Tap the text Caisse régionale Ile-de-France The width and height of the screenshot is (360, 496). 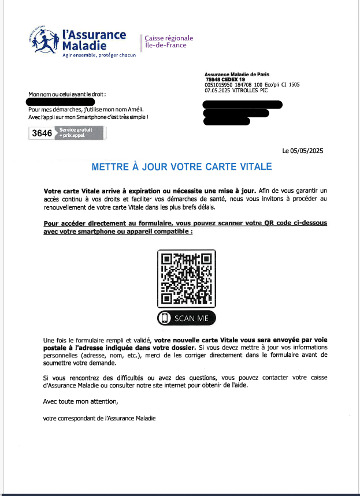tap(169, 42)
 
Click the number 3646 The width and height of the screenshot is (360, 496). tap(42, 133)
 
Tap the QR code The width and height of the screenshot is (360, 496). tap(186, 279)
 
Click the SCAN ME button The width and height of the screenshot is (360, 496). tap(186, 318)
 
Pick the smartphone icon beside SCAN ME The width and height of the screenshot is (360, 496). tap(165, 318)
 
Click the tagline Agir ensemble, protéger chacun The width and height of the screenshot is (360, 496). tap(99, 55)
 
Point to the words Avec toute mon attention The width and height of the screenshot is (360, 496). tap(80, 401)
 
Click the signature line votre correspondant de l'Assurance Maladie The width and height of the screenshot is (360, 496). tap(99, 418)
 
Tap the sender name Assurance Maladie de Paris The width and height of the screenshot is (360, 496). tap(237, 74)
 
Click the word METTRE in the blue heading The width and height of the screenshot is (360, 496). tap(110, 167)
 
